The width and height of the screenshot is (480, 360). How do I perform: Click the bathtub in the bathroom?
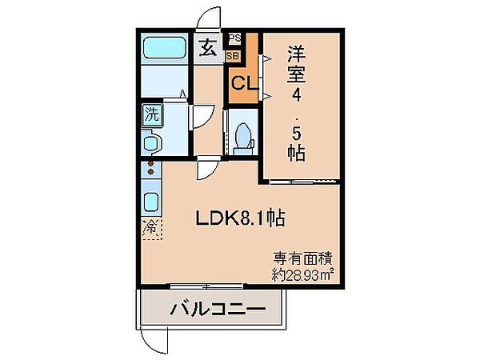point(165,47)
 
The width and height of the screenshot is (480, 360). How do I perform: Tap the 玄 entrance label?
point(208,48)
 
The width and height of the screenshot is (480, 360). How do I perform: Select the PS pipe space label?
point(235,38)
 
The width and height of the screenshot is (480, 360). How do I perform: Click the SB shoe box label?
point(234,56)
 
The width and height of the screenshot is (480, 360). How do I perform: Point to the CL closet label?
point(245,82)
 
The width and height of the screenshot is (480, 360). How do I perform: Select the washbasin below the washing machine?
point(151,142)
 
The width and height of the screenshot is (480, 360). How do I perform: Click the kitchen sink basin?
point(151,202)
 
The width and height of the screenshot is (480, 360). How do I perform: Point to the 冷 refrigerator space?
point(151,228)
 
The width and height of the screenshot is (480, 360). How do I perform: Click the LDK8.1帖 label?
point(241,218)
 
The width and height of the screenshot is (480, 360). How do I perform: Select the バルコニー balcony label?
point(218,309)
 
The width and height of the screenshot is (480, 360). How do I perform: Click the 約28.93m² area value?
point(302,275)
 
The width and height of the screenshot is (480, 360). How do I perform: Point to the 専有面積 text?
point(302,258)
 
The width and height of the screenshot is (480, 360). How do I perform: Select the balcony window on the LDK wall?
point(206,286)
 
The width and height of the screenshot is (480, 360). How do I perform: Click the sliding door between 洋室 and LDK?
point(305,182)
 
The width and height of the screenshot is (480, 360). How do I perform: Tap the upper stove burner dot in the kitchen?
point(150,164)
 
